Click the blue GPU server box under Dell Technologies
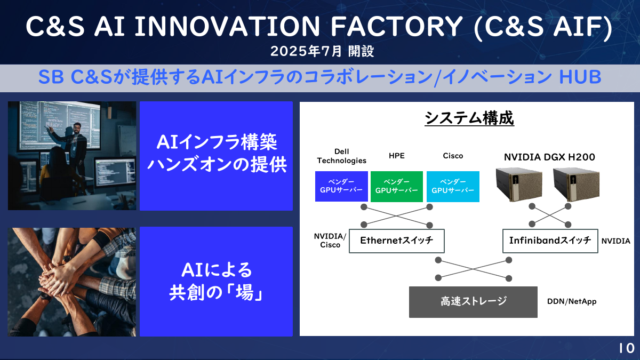point(341,186)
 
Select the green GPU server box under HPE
point(397,186)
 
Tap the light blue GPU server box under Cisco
point(453,186)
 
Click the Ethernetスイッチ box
point(396,241)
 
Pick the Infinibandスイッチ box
point(550,241)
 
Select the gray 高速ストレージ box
point(473,301)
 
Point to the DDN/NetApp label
point(572,301)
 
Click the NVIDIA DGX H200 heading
point(549,157)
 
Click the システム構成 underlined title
point(469,118)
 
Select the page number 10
point(627,348)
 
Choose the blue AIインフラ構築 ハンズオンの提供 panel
point(216,155)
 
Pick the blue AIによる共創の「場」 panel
point(216,281)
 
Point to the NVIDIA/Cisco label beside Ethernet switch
point(330,241)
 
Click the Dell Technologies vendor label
point(342,156)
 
